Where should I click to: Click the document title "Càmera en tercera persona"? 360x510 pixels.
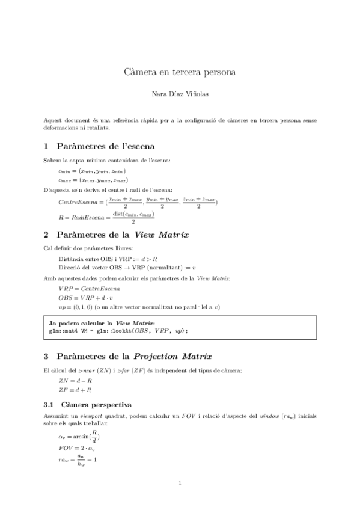pos(180,72)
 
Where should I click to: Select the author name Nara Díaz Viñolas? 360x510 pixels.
pos(180,94)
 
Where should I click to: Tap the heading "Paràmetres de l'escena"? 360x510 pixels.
pos(105,146)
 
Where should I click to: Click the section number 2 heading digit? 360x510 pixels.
pos(47,233)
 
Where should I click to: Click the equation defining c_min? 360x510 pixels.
pos(92,171)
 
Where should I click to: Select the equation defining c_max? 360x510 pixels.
pos(93,180)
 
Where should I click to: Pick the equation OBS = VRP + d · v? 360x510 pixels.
pos(86,298)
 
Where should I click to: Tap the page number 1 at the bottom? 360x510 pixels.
pos(180,483)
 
